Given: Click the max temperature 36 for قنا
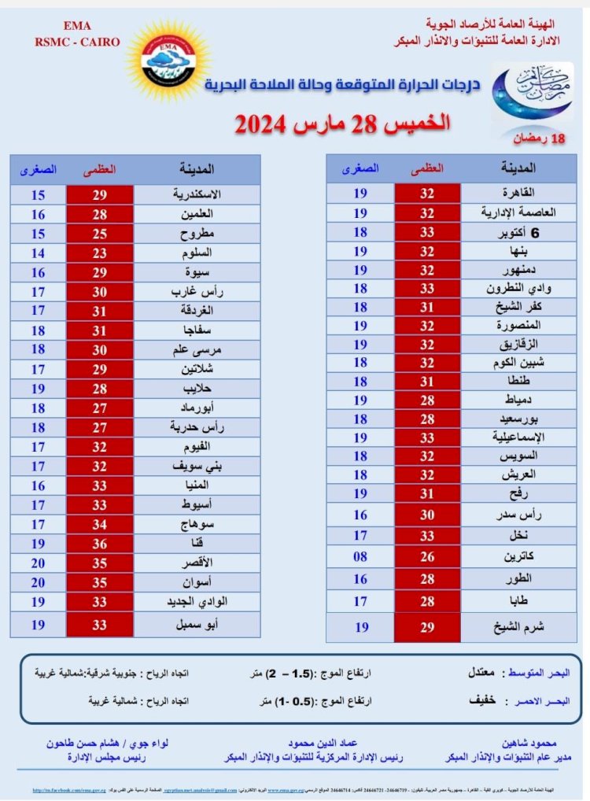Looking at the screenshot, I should (99, 544).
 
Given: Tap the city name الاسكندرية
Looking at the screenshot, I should (197, 194).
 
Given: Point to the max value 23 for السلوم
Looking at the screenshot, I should (99, 253).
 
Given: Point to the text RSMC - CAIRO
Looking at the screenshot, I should (77, 42).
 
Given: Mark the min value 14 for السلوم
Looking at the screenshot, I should (38, 253).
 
